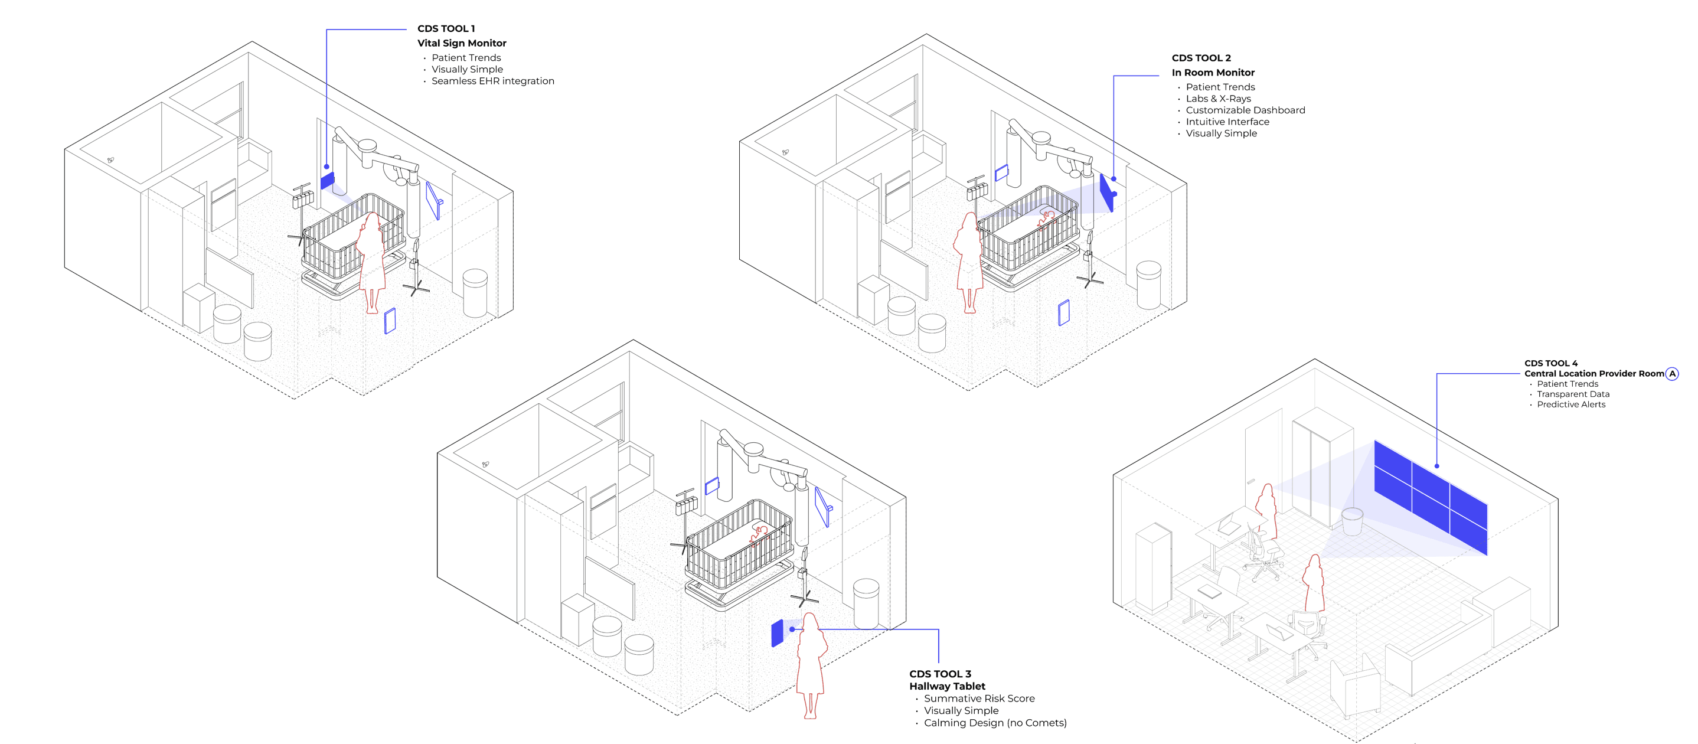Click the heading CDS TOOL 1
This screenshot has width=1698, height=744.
[x=446, y=28]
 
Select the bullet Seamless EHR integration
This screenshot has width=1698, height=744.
[x=492, y=81]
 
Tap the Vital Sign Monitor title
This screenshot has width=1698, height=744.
[x=462, y=43]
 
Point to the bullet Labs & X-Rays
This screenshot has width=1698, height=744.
[x=1217, y=99]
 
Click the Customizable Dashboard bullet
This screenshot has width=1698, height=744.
[x=1245, y=110]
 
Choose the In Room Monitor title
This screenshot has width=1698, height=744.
[x=1212, y=73]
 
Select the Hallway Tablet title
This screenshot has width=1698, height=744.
[x=946, y=686]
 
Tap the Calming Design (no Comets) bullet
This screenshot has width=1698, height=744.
[x=994, y=723]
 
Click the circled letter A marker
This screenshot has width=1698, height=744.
[x=1671, y=374]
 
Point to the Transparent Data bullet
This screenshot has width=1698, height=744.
[x=1572, y=394]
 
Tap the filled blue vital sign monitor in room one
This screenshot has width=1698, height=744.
[x=328, y=181]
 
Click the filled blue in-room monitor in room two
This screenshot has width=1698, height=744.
[x=1107, y=192]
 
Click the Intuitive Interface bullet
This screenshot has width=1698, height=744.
[x=1227, y=122]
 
